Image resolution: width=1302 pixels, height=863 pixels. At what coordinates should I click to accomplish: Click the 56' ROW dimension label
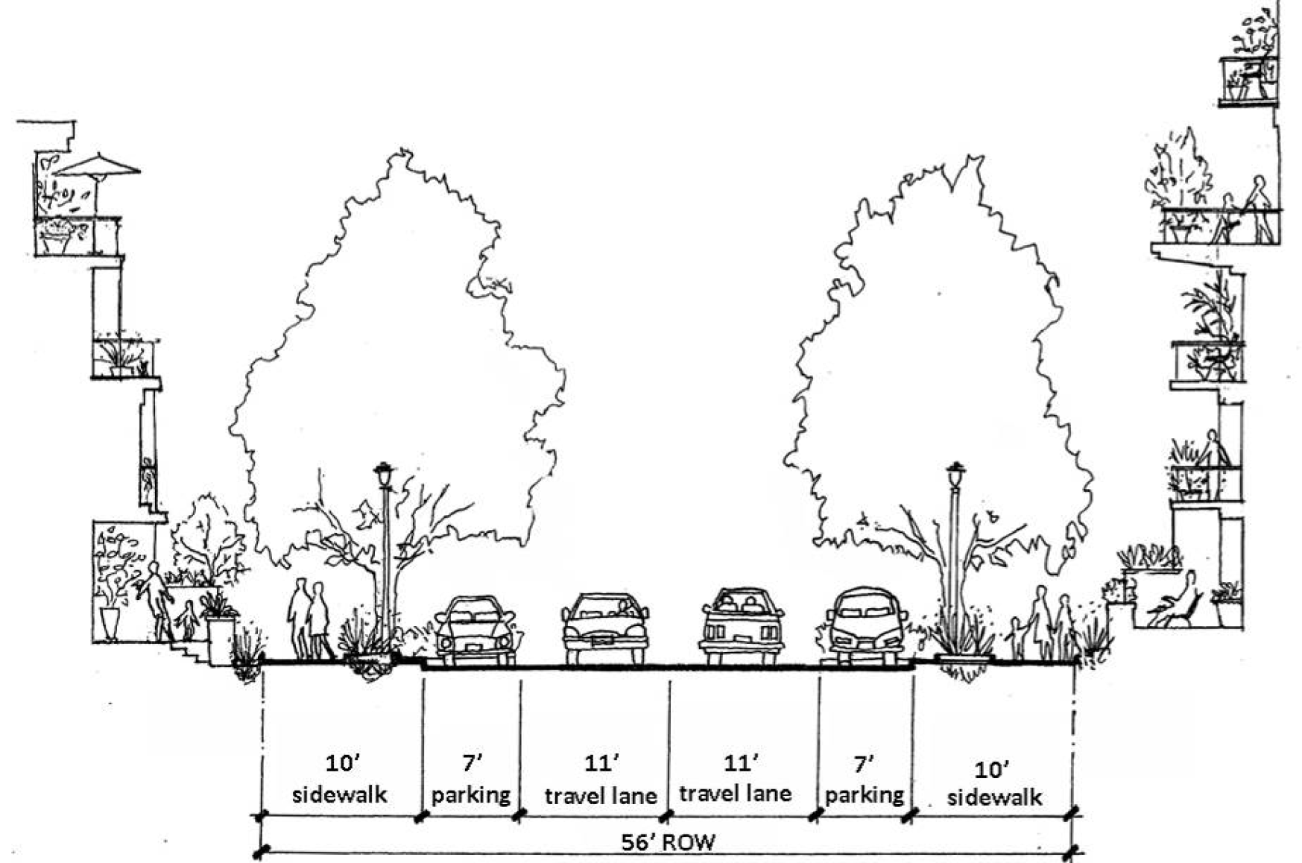pyautogui.click(x=668, y=842)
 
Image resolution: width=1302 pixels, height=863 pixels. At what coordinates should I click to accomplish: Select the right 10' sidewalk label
pyautogui.click(x=994, y=784)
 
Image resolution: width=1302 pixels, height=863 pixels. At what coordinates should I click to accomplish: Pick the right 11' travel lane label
pyautogui.click(x=736, y=780)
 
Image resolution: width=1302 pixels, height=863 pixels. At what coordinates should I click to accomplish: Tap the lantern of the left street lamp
pyautogui.click(x=384, y=473)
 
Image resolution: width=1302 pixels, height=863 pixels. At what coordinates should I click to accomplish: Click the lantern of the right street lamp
pyautogui.click(x=955, y=474)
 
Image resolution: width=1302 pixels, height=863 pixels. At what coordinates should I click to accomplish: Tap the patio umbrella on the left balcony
pyautogui.click(x=98, y=166)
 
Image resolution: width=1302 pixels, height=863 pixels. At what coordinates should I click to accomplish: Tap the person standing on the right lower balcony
pyautogui.click(x=1212, y=461)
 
